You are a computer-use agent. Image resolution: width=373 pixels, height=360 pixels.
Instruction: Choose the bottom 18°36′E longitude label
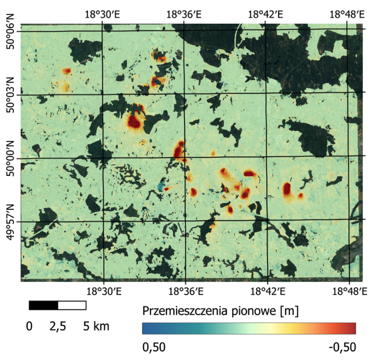pyautogui.click(x=184, y=291)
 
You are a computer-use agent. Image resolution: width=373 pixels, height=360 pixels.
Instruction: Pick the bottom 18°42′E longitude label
pyautogui.click(x=267, y=291)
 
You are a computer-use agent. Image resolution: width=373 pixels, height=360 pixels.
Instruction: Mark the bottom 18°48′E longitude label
pyautogui.click(x=348, y=291)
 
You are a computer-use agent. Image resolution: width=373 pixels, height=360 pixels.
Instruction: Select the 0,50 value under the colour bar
pyautogui.click(x=154, y=348)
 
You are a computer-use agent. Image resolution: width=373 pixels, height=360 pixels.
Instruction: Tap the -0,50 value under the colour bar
pyautogui.click(x=342, y=348)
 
